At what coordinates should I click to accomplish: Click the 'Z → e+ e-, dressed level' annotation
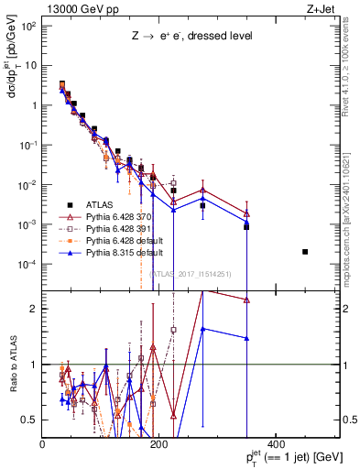(190, 37)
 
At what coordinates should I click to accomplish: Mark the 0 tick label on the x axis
(43, 444)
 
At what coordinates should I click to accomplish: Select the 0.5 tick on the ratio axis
(31, 420)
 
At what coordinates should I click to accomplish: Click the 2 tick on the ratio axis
(35, 309)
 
